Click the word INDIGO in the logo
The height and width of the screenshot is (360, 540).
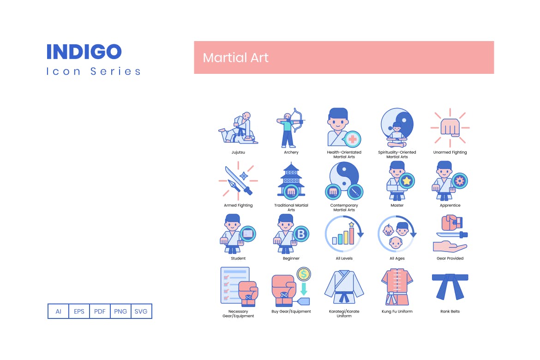pyautogui.click(x=84, y=52)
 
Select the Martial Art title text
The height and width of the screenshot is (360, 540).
pyautogui.click(x=235, y=58)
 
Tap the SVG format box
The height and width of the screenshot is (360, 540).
pyautogui.click(x=141, y=311)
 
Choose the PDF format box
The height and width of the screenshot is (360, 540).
pyautogui.click(x=100, y=311)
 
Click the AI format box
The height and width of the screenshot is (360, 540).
pyautogui.click(x=59, y=311)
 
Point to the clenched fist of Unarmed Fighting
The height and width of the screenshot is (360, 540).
pyautogui.click(x=450, y=127)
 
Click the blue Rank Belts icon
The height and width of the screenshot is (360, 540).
pyautogui.click(x=450, y=286)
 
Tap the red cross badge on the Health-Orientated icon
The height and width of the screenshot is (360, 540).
pyautogui.click(x=352, y=139)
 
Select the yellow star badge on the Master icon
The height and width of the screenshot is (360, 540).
pyautogui.click(x=406, y=180)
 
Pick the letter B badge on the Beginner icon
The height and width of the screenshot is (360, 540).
pyautogui.click(x=301, y=234)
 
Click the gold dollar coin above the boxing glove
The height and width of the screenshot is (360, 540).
pyautogui.click(x=304, y=274)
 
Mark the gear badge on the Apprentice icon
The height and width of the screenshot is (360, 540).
pyautogui.click(x=459, y=180)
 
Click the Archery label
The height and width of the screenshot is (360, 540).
pyautogui.click(x=291, y=152)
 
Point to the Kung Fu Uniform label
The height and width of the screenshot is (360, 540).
pyautogui.click(x=397, y=312)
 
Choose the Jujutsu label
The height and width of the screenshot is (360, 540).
pyautogui.click(x=238, y=152)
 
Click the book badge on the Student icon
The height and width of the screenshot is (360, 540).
pyautogui.click(x=248, y=234)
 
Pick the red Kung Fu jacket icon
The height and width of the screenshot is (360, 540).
pyautogui.click(x=397, y=287)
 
